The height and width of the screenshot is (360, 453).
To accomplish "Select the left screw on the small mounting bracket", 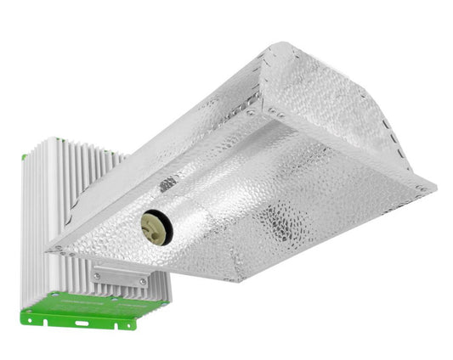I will click(97, 276).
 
